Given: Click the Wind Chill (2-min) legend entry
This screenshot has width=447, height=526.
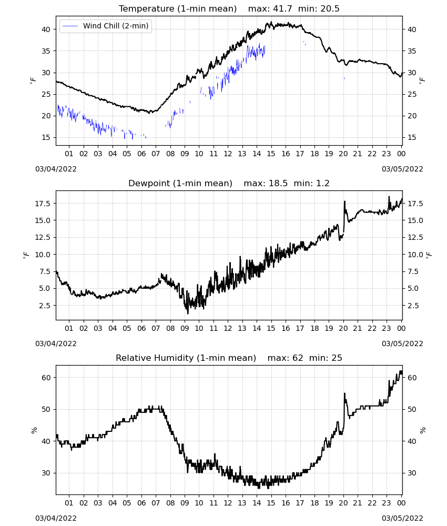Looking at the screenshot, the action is [106, 26].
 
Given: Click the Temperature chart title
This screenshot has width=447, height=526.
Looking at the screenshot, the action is [178, 8].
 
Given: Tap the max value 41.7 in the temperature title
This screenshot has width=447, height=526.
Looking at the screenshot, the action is [283, 8].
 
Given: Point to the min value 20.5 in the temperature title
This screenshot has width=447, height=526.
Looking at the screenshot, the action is [330, 8].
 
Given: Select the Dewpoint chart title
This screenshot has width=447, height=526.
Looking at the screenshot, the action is [180, 183].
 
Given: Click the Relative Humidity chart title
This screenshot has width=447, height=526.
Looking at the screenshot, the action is [186, 358].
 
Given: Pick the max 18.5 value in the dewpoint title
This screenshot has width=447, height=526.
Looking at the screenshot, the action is [278, 183].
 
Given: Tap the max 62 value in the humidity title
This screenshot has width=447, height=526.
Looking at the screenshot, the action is [298, 358].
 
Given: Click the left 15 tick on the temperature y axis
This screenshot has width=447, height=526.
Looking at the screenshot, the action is [46, 137].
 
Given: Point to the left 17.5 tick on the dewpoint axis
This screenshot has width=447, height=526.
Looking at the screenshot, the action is [43, 204].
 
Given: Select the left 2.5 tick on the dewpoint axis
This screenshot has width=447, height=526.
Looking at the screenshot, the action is [45, 306].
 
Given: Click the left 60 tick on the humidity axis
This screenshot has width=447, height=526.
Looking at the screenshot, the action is [46, 378].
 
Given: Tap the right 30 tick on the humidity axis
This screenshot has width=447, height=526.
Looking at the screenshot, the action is [412, 473].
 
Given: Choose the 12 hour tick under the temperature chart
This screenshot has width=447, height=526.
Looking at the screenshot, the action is [228, 154].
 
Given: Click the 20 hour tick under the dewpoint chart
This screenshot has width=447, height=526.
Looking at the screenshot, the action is [343, 328].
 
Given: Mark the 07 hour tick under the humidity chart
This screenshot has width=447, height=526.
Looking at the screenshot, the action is [156, 503].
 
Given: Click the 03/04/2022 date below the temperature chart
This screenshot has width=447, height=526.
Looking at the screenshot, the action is [56, 169].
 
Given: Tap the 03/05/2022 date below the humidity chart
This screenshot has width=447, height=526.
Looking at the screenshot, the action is [402, 518].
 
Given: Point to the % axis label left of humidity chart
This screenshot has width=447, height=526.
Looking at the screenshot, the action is [34, 430].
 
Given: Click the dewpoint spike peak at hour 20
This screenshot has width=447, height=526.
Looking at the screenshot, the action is [344, 201].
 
